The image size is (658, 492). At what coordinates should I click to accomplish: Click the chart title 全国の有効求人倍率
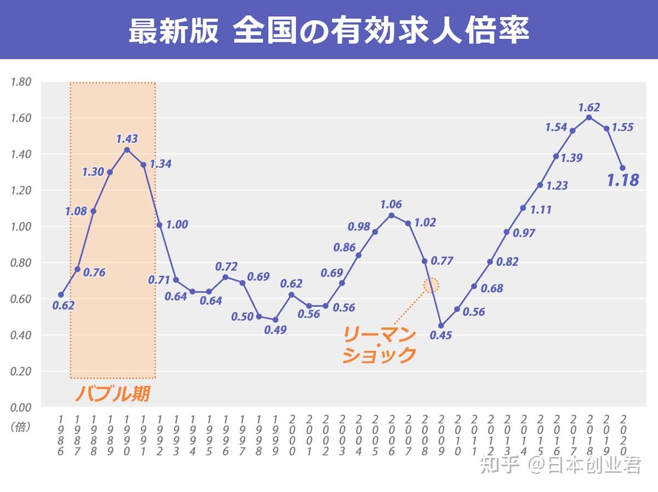(x=329, y=30)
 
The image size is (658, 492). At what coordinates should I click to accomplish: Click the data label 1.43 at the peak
(x=127, y=139)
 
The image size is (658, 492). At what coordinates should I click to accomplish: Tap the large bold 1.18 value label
(x=623, y=179)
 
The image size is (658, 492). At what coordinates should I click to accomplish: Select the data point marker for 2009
(x=441, y=326)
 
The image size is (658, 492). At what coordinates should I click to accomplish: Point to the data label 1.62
(x=589, y=108)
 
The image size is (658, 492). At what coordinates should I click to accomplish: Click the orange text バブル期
(x=112, y=393)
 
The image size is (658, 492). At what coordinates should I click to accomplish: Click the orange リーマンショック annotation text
(x=379, y=344)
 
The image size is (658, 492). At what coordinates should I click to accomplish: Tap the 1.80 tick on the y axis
(x=21, y=82)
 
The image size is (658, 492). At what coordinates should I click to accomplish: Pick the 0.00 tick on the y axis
(x=21, y=407)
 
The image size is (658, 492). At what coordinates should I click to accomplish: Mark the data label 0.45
(x=441, y=335)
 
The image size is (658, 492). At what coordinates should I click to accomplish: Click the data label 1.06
(x=391, y=205)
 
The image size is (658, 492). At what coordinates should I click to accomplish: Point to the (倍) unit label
(x=20, y=426)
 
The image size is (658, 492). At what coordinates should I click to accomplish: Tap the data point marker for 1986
(x=61, y=295)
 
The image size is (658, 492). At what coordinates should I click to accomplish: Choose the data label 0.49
(x=275, y=330)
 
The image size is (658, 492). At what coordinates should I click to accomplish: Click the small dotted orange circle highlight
(x=432, y=285)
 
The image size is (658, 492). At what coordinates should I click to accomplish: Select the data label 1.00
(x=177, y=224)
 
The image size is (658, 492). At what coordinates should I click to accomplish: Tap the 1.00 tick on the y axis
(x=21, y=227)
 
